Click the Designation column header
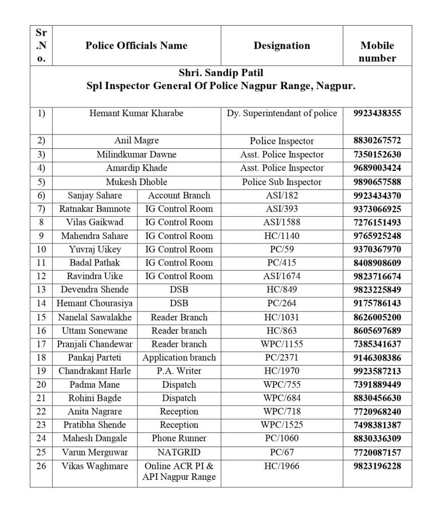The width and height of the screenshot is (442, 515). click(x=282, y=46)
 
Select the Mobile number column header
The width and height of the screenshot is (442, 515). click(x=377, y=52)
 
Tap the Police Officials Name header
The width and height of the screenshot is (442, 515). click(x=136, y=46)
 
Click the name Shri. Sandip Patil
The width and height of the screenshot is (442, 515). click(x=220, y=73)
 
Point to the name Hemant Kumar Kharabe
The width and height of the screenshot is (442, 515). click(x=136, y=114)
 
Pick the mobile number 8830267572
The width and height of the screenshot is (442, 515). click(x=377, y=141)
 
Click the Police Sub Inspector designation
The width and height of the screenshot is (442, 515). click(x=282, y=182)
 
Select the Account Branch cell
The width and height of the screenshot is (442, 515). click(x=179, y=196)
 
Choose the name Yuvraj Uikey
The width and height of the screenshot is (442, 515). click(x=95, y=249)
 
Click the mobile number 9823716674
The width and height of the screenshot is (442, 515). click(x=377, y=276)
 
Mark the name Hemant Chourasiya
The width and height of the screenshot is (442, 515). click(x=95, y=303)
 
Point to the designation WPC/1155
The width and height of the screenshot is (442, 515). click(x=282, y=345)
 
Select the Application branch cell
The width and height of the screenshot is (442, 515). click(x=179, y=358)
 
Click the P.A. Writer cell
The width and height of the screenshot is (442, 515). click(x=179, y=371)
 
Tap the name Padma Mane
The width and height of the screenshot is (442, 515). click(x=95, y=385)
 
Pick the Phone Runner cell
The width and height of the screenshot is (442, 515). click(x=179, y=439)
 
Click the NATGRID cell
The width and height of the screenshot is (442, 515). click(x=179, y=452)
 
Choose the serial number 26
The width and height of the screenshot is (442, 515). click(x=41, y=466)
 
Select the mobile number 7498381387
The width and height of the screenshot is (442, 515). click(x=377, y=425)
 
